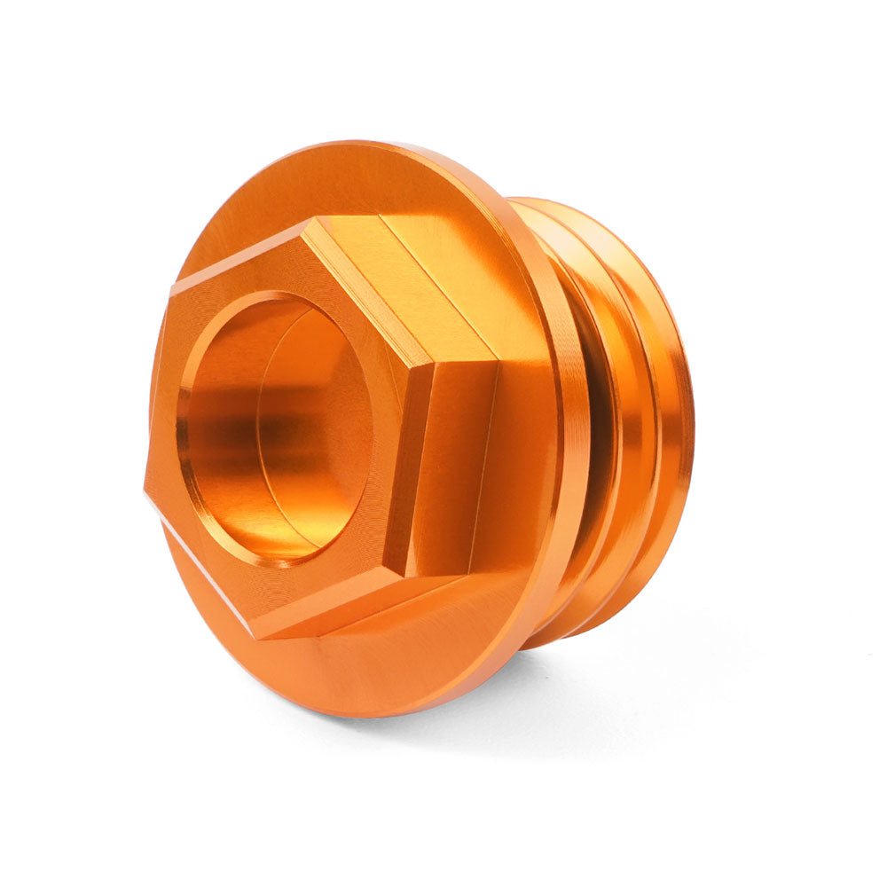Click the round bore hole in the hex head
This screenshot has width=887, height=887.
(x=275, y=426)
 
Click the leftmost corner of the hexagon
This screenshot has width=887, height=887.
(x=145, y=487)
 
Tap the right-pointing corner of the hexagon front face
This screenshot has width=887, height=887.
(x=433, y=364)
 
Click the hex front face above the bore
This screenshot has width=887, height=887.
(x=266, y=266)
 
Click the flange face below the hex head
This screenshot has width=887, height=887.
(x=373, y=674)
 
